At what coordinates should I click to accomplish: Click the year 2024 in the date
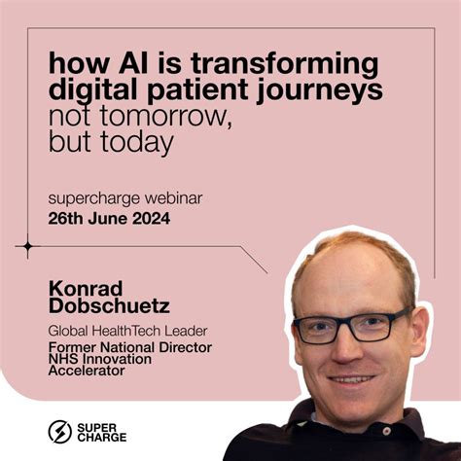point(149,219)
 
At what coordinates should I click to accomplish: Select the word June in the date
point(103,219)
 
